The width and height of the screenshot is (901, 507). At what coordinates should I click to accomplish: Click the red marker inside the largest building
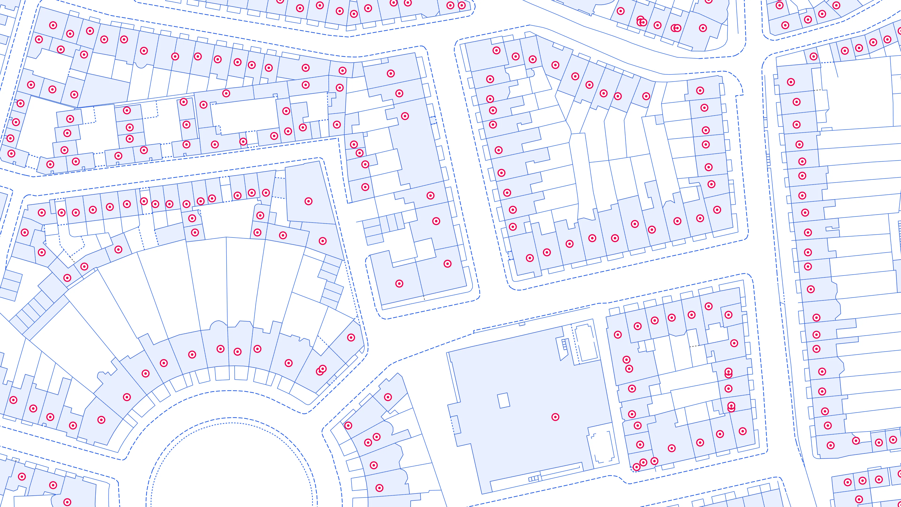pyautogui.click(x=555, y=417)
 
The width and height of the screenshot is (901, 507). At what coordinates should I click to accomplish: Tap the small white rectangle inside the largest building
pyautogui.click(x=504, y=400)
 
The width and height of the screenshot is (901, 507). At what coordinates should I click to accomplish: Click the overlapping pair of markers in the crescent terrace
pyautogui.click(x=321, y=370)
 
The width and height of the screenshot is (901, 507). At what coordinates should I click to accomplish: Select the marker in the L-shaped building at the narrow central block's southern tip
pyautogui.click(x=399, y=283)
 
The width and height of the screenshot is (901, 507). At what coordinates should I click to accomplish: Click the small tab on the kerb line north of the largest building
pyautogui.click(x=522, y=324)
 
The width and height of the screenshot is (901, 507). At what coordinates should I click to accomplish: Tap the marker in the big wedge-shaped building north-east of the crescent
pyautogui.click(x=308, y=201)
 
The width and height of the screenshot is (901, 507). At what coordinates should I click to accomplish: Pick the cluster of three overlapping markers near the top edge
pyautogui.click(x=641, y=21)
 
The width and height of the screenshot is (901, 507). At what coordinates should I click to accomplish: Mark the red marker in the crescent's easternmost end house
pyautogui.click(x=351, y=337)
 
